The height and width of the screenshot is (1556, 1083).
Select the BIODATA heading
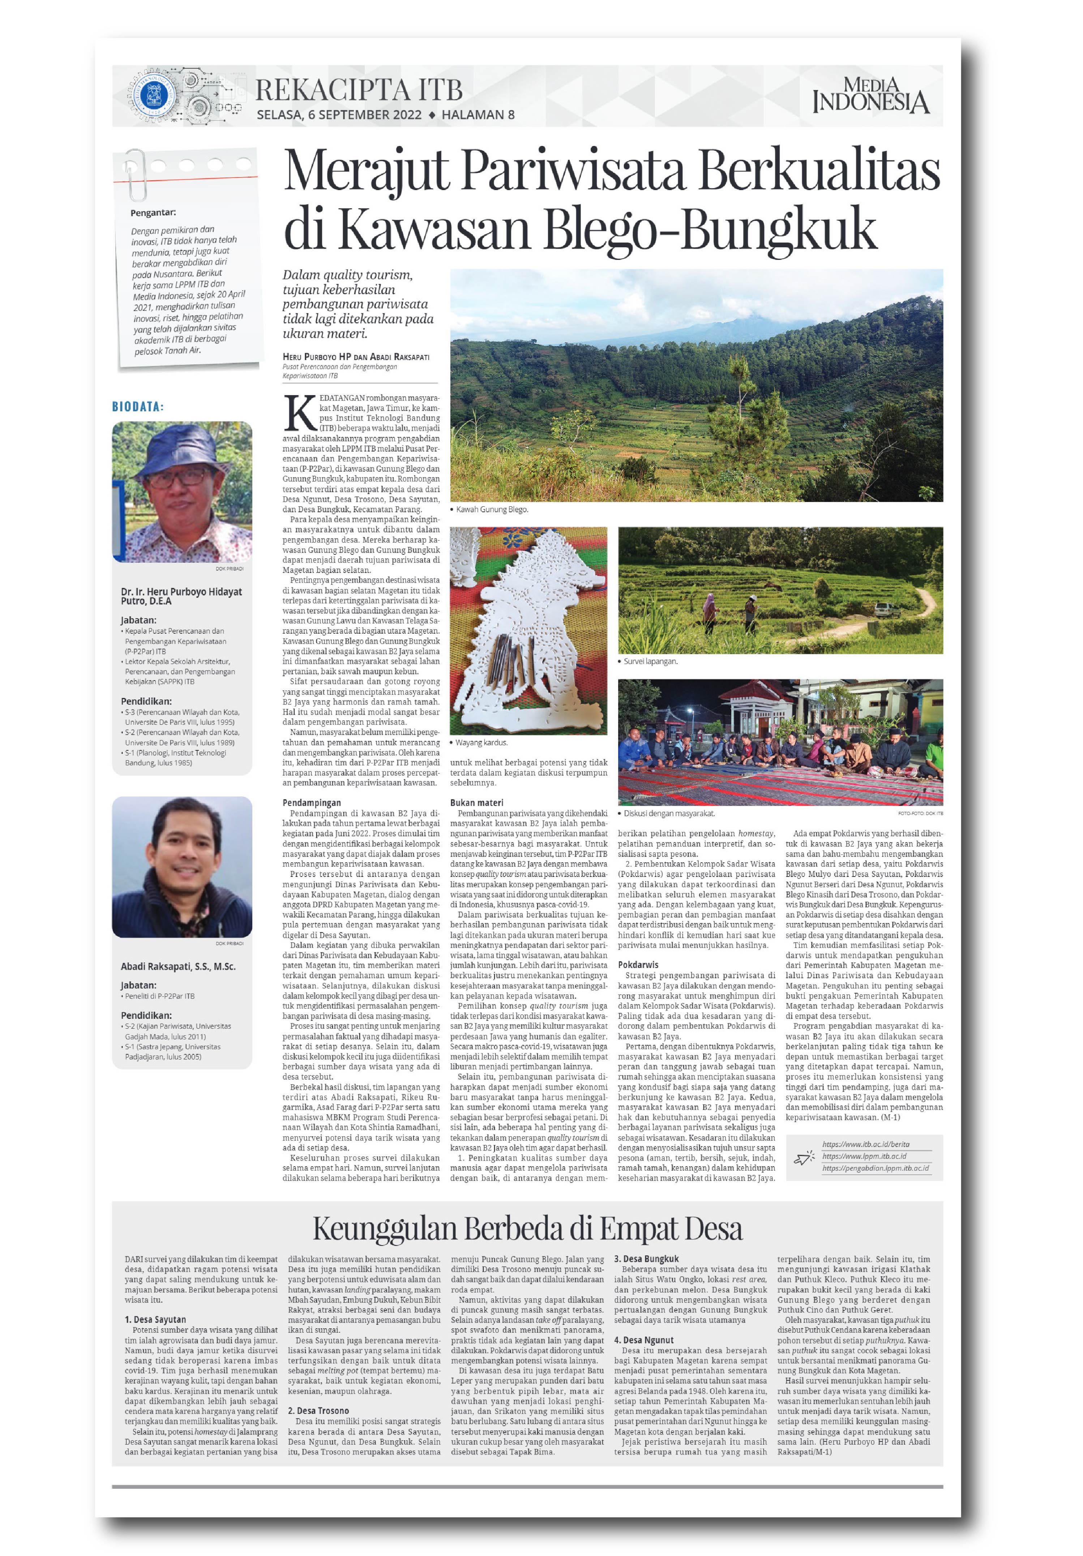pos(138,407)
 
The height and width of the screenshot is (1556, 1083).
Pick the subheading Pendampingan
pos(312,803)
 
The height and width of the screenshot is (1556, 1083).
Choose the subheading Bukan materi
pos(476,803)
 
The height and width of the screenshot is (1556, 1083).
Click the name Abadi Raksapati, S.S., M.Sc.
pos(178,966)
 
